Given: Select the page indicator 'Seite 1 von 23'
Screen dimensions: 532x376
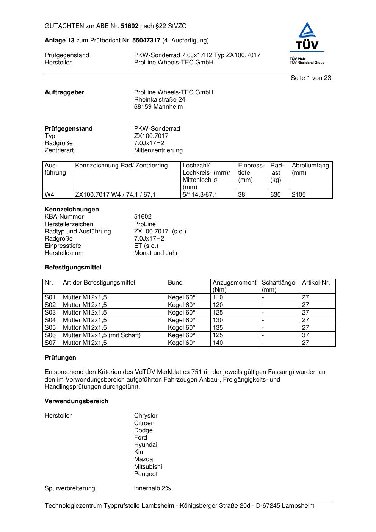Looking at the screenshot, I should tap(311, 78).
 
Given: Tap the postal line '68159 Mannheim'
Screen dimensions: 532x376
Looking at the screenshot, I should tap(158, 107).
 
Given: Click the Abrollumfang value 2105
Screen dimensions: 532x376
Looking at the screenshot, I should tap(299, 195).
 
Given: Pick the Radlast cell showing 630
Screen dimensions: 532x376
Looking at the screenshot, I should tap(276, 195).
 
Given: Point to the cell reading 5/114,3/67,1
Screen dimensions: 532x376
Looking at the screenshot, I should tap(200, 195).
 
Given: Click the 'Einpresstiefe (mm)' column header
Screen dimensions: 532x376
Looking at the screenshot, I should tap(251, 172).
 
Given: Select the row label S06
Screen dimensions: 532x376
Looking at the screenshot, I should tap(50, 335).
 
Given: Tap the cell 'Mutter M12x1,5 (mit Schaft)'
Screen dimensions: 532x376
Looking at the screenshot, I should tap(102, 335).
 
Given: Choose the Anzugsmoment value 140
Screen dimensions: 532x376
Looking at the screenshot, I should tap(218, 343).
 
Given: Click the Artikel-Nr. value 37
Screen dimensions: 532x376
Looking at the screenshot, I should tap(305, 335).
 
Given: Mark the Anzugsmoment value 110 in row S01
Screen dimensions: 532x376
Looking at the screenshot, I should tap(218, 297).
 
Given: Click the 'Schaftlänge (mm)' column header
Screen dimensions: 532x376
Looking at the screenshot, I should tap(278, 286).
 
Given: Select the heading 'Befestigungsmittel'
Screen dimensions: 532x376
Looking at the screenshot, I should tap(73, 268).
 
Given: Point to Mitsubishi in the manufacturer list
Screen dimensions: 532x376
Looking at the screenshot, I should tap(148, 467).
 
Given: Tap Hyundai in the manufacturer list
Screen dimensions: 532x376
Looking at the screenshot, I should tap(145, 445).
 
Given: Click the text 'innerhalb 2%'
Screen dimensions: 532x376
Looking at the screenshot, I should tap(152, 488).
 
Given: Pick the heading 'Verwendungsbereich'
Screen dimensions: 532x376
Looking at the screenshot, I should tap(76, 401).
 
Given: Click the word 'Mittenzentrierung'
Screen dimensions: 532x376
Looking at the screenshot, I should tap(158, 150).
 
